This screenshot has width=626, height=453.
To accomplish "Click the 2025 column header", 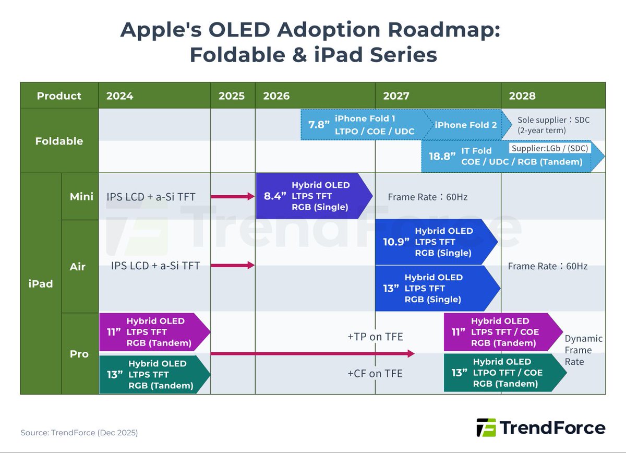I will (x=232, y=96).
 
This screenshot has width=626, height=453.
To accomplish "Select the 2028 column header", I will (x=522, y=96).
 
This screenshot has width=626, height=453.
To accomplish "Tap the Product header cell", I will (x=59, y=96).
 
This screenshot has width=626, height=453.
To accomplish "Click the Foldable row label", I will (x=59, y=141).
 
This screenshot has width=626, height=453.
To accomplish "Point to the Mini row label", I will (x=81, y=197).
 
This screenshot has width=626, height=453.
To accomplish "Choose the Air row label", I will (x=78, y=266).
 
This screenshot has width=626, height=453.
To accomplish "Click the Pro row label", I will (x=79, y=354).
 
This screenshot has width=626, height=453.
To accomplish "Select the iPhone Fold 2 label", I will (x=465, y=125).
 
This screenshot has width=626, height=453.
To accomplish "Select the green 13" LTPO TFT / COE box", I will (x=503, y=373).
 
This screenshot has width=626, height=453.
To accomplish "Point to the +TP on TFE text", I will (x=375, y=337).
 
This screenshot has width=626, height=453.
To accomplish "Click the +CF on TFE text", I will (x=375, y=373).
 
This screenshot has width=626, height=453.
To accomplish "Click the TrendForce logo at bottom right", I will (x=540, y=428).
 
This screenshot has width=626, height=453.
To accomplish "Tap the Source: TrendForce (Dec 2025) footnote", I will (x=79, y=433).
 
